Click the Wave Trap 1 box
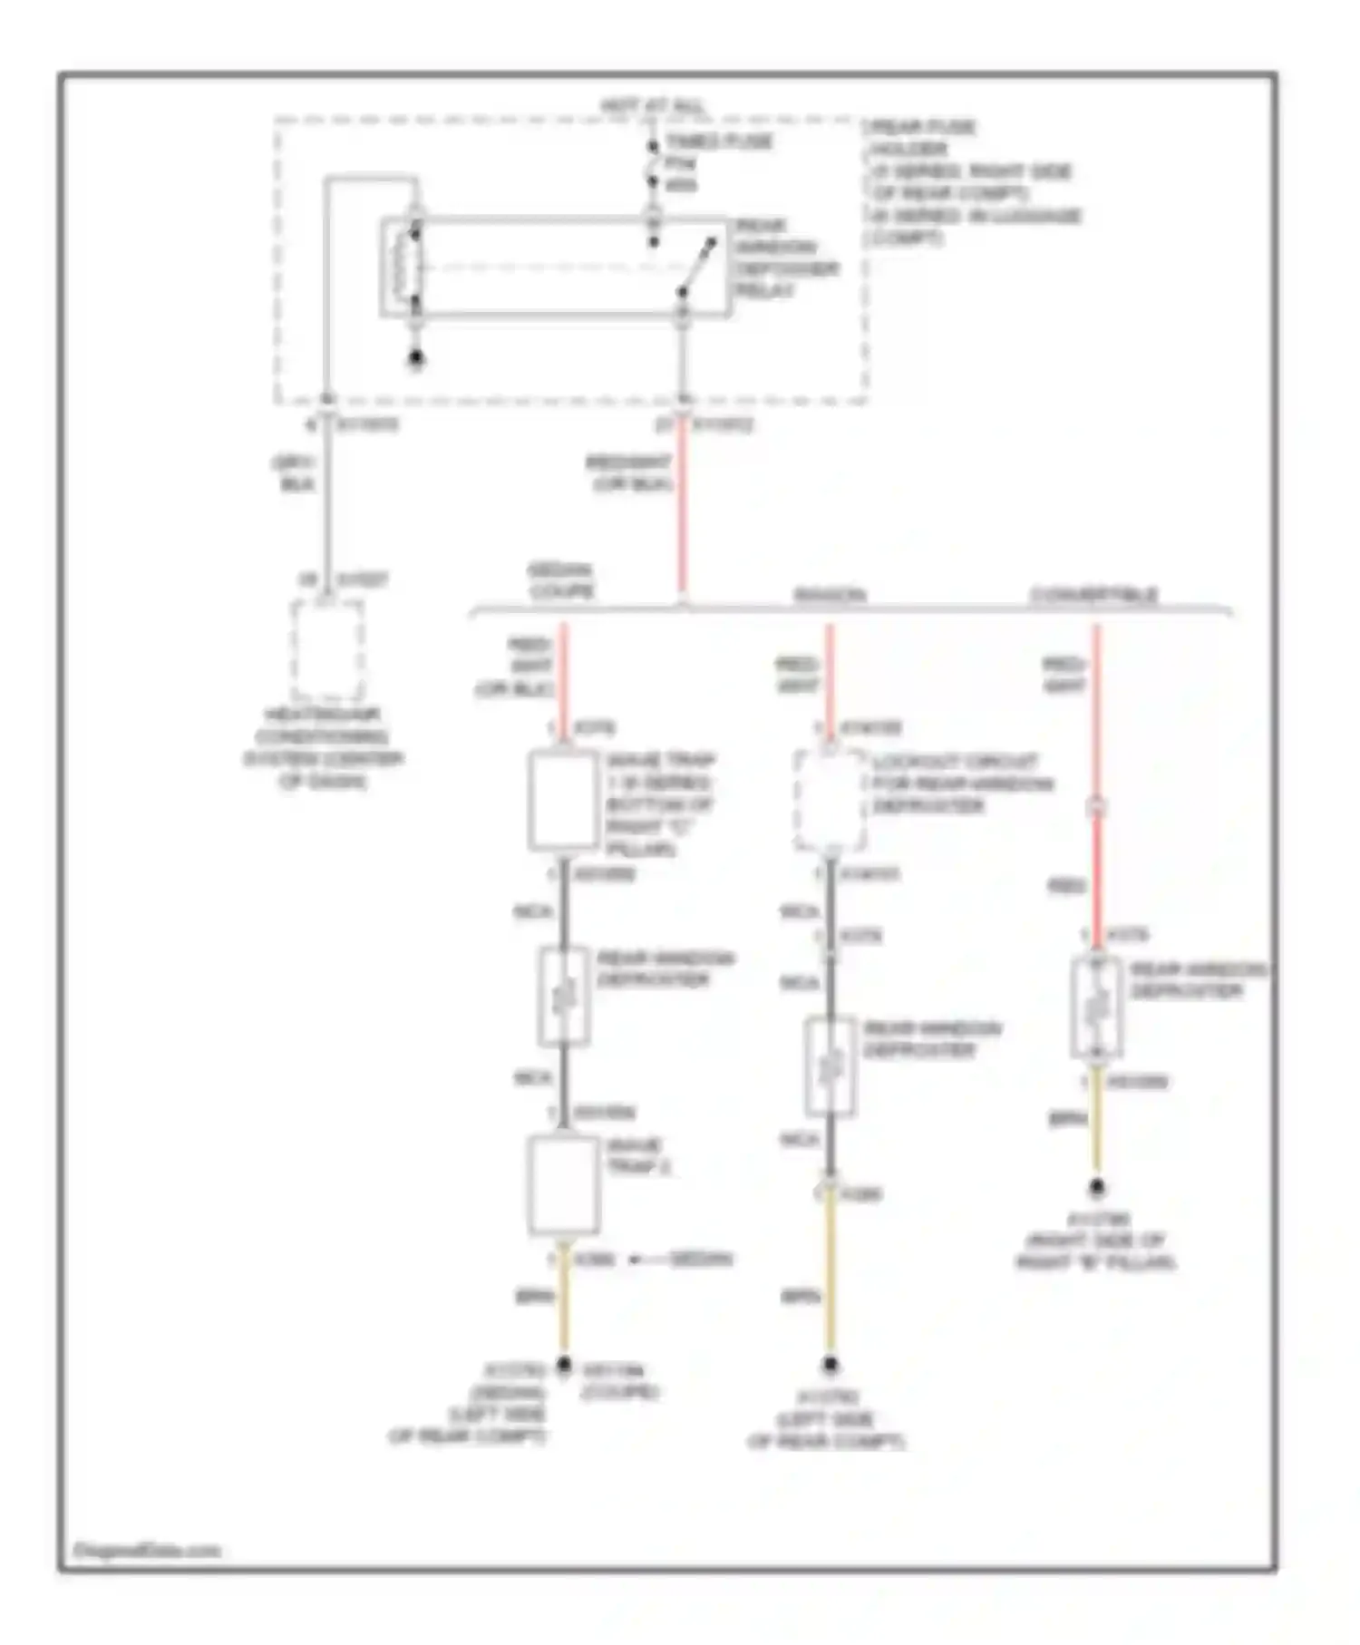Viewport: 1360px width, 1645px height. pyautogui.click(x=563, y=801)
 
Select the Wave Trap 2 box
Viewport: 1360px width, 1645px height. pyautogui.click(x=563, y=1185)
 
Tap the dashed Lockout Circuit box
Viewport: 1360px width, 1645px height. pyautogui.click(x=829, y=800)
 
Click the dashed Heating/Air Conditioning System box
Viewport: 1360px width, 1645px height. pyautogui.click(x=327, y=649)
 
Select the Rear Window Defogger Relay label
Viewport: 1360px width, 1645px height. pyautogui.click(x=786, y=258)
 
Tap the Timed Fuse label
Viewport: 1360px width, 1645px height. pyautogui.click(x=718, y=142)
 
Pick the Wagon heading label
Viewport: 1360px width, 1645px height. pyautogui.click(x=830, y=595)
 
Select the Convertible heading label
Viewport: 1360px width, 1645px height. pyautogui.click(x=1093, y=595)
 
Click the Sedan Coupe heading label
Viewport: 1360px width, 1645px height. pyautogui.click(x=561, y=580)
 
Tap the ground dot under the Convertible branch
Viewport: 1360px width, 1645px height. pyautogui.click(x=1096, y=1186)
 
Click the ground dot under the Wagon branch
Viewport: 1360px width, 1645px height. pyautogui.click(x=830, y=1364)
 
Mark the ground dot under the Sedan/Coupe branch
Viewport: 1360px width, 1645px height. pyautogui.click(x=563, y=1364)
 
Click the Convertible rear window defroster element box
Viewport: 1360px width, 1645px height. pyautogui.click(x=1096, y=1007)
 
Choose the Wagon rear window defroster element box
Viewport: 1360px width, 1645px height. pyautogui.click(x=830, y=1066)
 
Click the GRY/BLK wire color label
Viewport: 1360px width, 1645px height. pyautogui.click(x=294, y=473)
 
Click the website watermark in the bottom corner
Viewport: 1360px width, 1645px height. pyautogui.click(x=146, y=1551)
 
